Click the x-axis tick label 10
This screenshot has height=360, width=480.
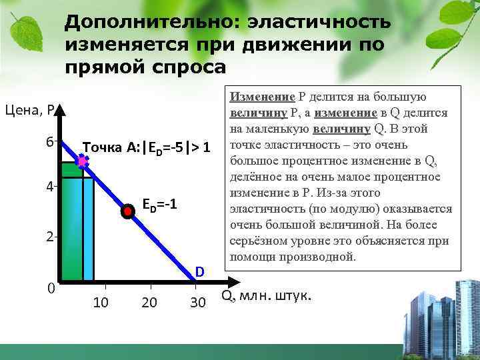coord(101,303)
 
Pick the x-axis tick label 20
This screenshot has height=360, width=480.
coord(149,303)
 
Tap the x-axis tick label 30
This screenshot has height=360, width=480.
coord(197,303)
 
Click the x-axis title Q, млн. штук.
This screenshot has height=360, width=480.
coord(265,295)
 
